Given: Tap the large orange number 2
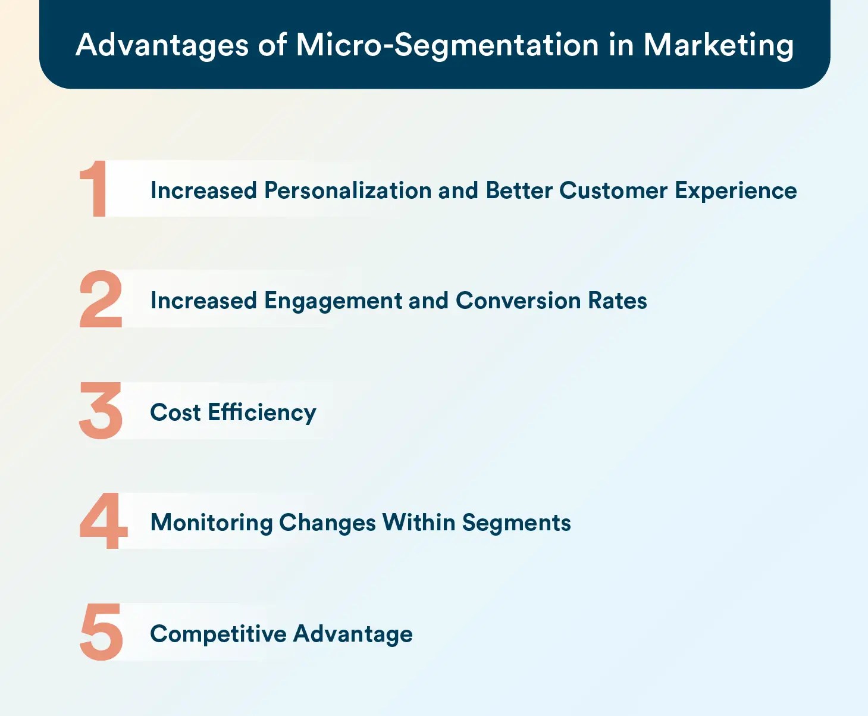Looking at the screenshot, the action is point(101,299).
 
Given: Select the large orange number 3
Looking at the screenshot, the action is point(101,411).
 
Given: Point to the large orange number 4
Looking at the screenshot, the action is point(103,520).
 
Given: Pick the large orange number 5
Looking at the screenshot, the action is point(101,631).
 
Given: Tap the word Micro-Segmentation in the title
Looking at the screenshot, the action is point(447,45).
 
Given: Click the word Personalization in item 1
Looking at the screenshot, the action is point(348,190).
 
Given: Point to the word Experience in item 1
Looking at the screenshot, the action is point(736,192).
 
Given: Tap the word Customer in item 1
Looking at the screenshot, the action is point(613,190).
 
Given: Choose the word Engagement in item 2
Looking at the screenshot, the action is point(333,301).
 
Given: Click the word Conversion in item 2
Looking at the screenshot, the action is point(518,301).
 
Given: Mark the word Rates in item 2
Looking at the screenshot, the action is point(618,301).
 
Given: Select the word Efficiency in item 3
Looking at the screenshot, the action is point(262,412).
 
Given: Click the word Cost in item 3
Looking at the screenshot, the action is point(176,412).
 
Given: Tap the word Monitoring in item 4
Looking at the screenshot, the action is point(212,523).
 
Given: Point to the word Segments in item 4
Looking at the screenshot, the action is point(516,523).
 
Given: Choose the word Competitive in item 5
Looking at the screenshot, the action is point(218,634).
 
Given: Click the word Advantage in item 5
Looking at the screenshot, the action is point(353,634).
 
